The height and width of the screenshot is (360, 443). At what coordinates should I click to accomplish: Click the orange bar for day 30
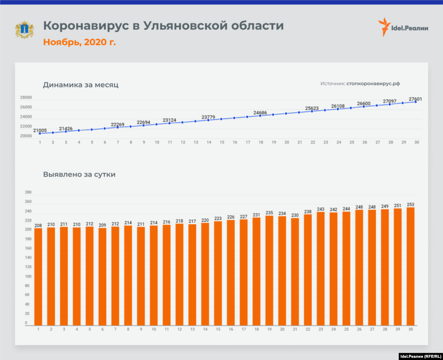pyautogui.click(x=410, y=266)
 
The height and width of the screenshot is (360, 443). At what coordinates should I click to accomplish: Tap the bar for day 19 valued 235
pyautogui.click(x=269, y=270)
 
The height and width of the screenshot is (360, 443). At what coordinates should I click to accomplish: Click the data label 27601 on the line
pyautogui.click(x=415, y=99)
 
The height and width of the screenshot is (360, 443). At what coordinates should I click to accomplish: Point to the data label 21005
pyautogui.click(x=40, y=130)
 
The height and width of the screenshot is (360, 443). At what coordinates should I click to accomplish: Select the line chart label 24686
pyautogui.click(x=260, y=113)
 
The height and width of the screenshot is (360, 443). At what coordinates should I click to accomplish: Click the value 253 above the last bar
pyautogui.click(x=410, y=205)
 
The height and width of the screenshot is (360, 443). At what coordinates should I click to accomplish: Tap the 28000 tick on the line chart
pyautogui.click(x=26, y=97)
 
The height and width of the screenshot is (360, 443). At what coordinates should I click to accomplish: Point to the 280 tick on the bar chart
pyautogui.click(x=28, y=193)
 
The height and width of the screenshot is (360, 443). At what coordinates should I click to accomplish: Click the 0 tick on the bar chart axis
pyautogui.click(x=26, y=323)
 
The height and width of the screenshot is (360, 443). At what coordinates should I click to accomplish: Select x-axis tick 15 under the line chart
pyautogui.click(x=221, y=142)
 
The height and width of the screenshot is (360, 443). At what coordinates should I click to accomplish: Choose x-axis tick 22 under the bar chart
pyautogui.click(x=308, y=329)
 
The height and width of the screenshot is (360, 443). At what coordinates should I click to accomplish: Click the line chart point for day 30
pyautogui.click(x=416, y=102)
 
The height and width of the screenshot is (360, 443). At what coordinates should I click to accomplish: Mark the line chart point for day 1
pyautogui.click(x=40, y=134)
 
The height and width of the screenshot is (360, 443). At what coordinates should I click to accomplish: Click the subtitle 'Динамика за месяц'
pyautogui.click(x=80, y=85)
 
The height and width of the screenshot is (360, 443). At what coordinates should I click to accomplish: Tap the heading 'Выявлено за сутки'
pyautogui.click(x=79, y=175)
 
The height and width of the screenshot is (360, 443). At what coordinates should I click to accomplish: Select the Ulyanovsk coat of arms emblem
pyautogui.click(x=24, y=29)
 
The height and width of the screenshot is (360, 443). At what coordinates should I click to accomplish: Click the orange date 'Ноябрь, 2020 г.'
pyautogui.click(x=79, y=42)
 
